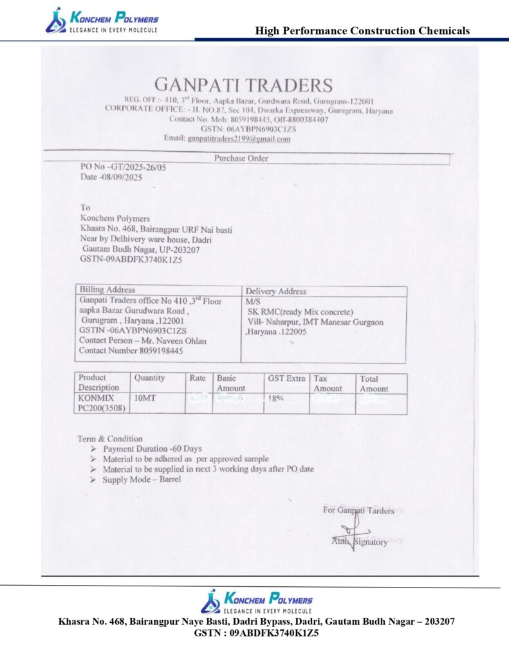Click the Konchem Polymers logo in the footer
point(256,601)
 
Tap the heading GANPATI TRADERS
point(243,85)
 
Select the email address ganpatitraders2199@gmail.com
point(239,138)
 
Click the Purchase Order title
point(241,158)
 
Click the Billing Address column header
point(107,290)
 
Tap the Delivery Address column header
point(276,292)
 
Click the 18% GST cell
point(277,399)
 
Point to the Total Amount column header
point(374,384)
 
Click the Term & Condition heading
point(110,439)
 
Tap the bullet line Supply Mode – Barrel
point(142,479)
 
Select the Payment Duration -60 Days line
point(152,449)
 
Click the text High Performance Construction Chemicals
point(362,30)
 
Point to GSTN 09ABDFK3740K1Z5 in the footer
point(256,633)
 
